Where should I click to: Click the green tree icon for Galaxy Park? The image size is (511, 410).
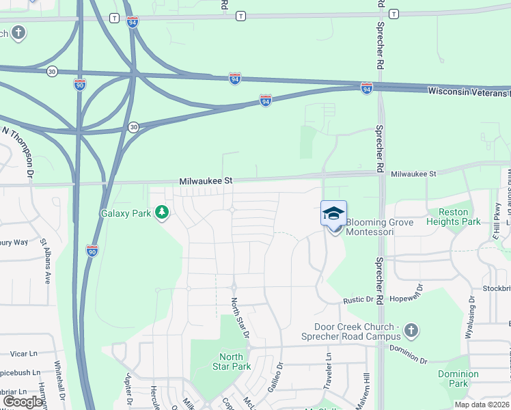(162, 213)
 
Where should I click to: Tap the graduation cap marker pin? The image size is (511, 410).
(333, 214)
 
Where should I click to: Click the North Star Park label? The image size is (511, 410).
(231, 361)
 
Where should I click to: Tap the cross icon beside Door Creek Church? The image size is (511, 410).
(410, 331)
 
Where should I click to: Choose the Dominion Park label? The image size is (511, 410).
(458, 379)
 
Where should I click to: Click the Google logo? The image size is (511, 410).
(23, 402)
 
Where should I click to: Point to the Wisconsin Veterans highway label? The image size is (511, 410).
(469, 91)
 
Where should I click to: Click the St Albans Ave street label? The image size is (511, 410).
(46, 260)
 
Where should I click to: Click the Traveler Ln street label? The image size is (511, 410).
(329, 366)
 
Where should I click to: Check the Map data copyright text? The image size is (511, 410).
(482, 405)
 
